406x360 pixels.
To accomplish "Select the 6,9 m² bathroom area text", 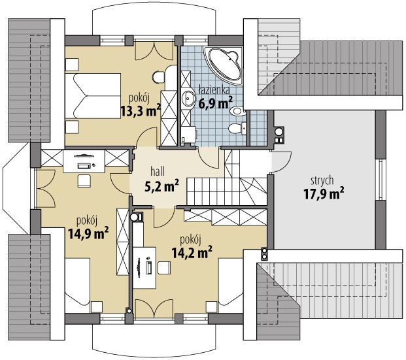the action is click(x=216, y=102).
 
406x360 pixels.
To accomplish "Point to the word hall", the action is click(x=158, y=172).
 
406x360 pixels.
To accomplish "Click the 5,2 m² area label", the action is click(x=161, y=186).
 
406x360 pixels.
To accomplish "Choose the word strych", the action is click(x=322, y=181).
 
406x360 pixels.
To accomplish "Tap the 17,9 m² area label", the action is click(x=324, y=193).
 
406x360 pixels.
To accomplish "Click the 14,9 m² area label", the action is click(x=88, y=233).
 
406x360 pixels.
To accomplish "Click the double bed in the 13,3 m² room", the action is click(x=93, y=96).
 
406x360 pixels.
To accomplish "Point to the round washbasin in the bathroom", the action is click(x=188, y=99).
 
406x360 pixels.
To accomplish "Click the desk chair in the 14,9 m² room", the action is click(x=84, y=180).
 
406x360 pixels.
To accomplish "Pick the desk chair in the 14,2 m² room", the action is click(x=164, y=268).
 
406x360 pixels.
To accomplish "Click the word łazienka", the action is click(x=214, y=91).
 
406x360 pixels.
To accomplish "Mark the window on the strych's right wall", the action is click(x=381, y=180).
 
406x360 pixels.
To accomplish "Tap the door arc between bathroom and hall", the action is click(x=209, y=158).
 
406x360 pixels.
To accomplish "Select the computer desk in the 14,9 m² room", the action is click(x=84, y=161).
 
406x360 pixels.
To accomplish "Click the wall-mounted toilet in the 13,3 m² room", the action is click(x=158, y=77).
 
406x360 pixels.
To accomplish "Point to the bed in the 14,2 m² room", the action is click(x=231, y=282).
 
